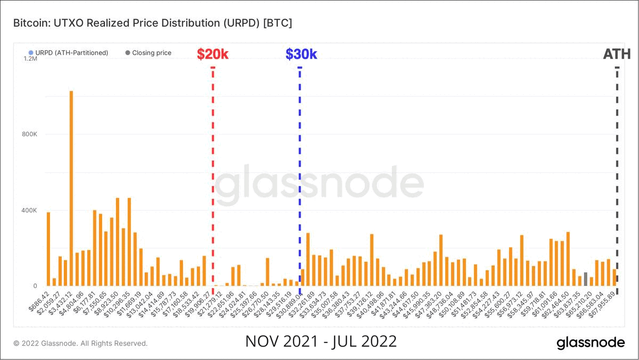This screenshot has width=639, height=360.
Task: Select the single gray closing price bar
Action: coord(585,279)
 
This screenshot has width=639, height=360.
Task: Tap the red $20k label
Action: coord(212,54)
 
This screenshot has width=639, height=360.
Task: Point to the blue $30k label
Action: coord(301,54)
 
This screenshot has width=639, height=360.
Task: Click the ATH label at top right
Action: coord(617,54)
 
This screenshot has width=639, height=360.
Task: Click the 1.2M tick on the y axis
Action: coord(30,59)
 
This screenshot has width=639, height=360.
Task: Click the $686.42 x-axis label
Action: coord(38,301)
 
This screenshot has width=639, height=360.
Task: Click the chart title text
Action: coord(152,23)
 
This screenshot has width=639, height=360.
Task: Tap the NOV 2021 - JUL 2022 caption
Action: coord(321,341)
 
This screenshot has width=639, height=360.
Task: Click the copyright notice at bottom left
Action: coord(80,343)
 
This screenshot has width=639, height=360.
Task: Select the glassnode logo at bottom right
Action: coord(591,342)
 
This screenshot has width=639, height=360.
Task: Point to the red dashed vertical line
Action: coord(213,176)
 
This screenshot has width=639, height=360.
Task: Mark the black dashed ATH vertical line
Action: coord(617,176)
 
